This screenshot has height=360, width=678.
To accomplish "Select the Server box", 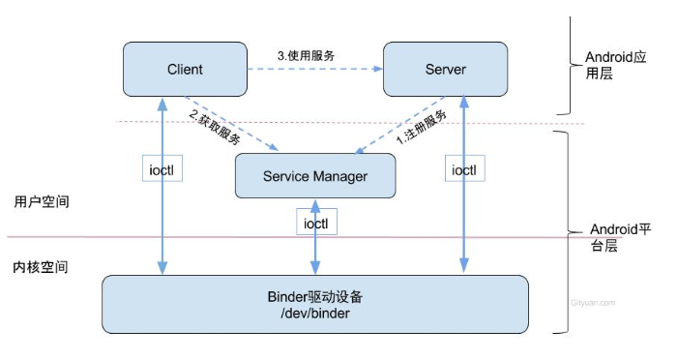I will (x=445, y=70).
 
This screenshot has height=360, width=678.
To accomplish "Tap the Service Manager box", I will (x=315, y=176).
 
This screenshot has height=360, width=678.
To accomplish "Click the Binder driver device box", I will (x=315, y=304).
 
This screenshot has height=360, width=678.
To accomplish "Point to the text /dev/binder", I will (x=315, y=313).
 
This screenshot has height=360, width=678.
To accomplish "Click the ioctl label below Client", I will (x=162, y=169).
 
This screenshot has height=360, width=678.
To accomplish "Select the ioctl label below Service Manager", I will (x=314, y=222).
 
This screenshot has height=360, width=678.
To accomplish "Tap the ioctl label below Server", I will (x=465, y=169).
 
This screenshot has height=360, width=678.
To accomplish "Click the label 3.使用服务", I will (x=309, y=56).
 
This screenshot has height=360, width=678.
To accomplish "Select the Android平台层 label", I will (x=619, y=237).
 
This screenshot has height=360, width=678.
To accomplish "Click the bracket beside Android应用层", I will (x=568, y=64).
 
